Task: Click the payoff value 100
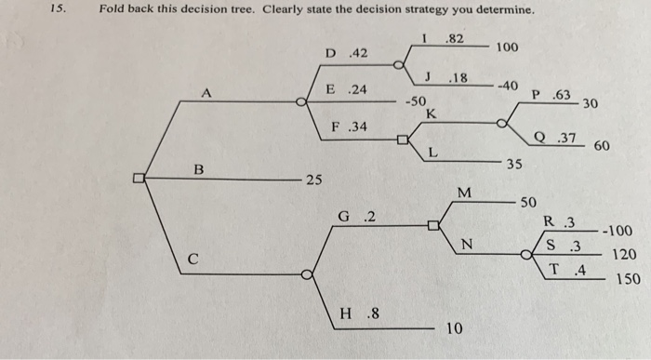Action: [x=508, y=47]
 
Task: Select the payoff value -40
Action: [x=507, y=86]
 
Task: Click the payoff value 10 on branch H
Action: [x=453, y=328]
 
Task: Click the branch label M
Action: [x=465, y=193]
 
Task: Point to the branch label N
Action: [x=467, y=246]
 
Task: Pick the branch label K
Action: [x=431, y=113]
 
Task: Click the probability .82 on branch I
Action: [x=456, y=38]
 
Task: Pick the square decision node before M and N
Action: [x=432, y=225]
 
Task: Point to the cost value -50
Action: [x=416, y=100]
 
